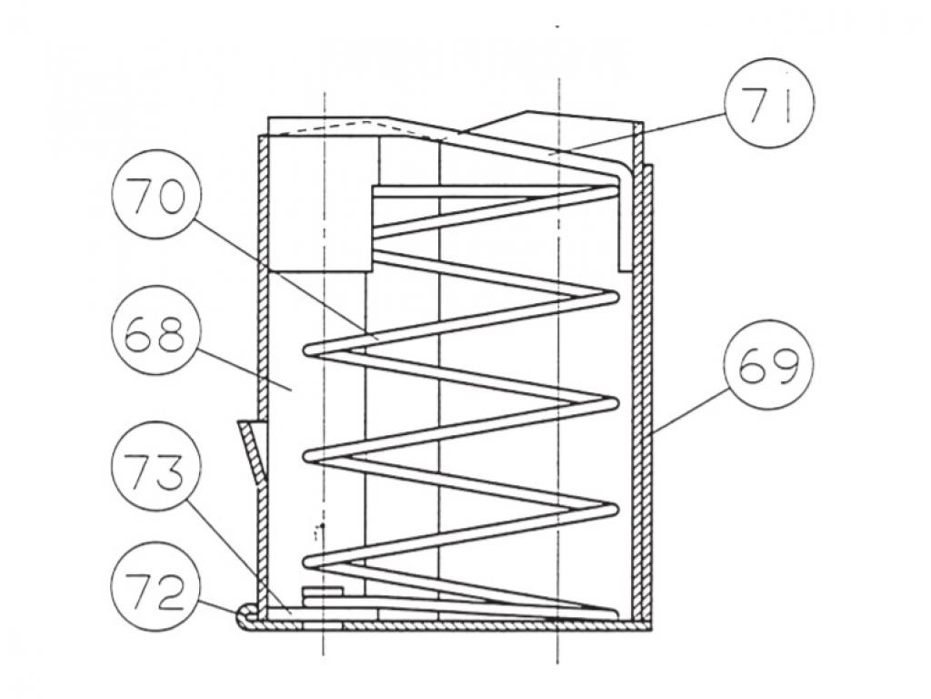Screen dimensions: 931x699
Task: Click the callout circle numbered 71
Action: (768, 104)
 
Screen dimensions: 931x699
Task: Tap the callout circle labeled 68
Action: (156, 329)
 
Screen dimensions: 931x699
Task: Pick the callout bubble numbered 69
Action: (768, 368)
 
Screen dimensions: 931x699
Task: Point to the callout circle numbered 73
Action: (156, 466)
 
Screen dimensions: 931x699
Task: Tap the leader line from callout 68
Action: (244, 370)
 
